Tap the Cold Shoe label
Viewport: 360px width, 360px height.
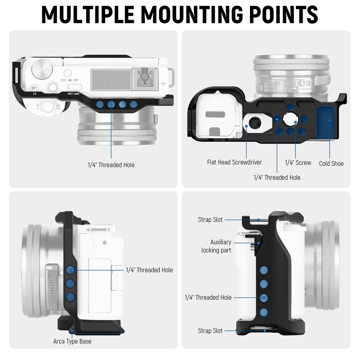[331, 163]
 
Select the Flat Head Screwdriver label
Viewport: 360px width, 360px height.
[234, 162]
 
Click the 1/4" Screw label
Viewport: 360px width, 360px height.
[298, 163]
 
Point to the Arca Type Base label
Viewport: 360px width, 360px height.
[72, 341]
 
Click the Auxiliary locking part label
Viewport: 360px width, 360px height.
[216, 246]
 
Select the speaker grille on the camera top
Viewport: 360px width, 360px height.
[111, 79]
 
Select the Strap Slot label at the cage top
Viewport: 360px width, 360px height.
[210, 220]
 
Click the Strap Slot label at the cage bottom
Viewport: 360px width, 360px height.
[210, 331]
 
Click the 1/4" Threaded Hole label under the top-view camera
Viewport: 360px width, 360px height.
[111, 165]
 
